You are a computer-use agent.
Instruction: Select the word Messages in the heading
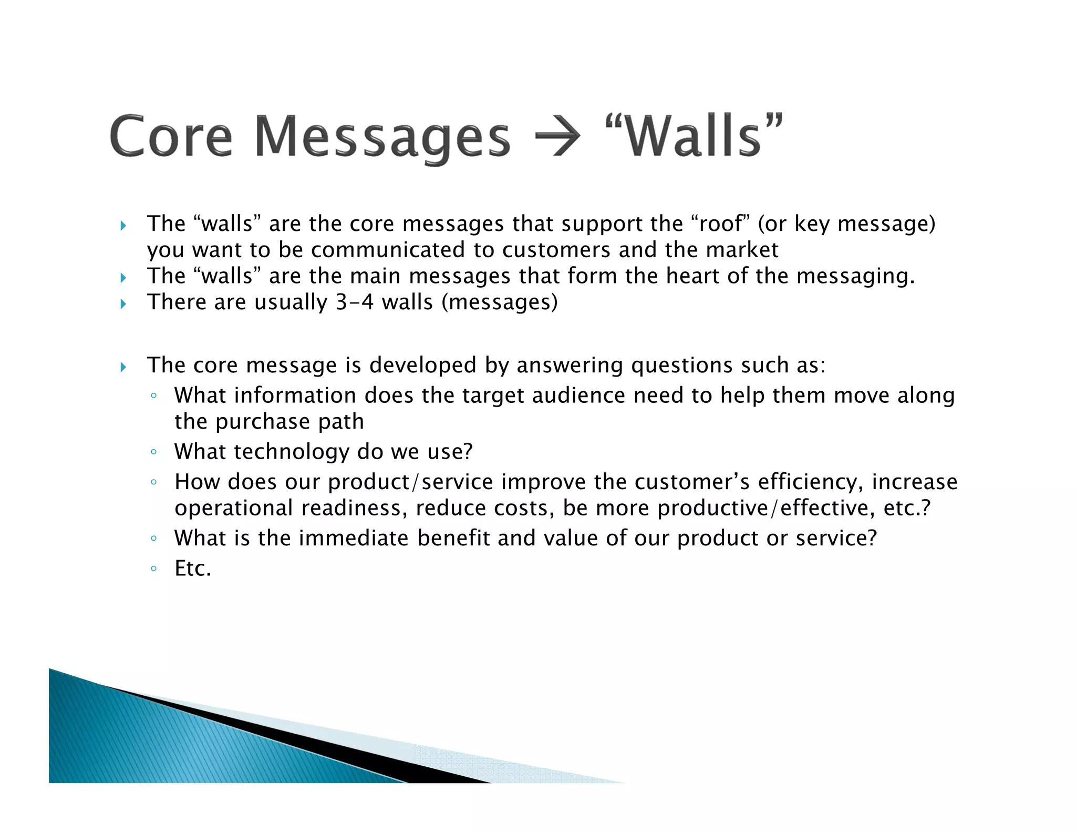pos(382,138)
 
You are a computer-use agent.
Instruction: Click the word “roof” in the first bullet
pos(720,224)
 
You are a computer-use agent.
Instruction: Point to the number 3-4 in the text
pos(355,302)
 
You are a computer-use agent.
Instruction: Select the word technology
pos(292,452)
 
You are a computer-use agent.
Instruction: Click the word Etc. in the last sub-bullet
pos(193,569)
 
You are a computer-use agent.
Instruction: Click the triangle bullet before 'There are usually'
pos(123,304)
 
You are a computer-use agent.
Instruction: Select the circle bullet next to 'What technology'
pos(153,452)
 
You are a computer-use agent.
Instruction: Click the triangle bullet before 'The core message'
pos(123,367)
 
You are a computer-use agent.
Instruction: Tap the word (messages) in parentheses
pos(500,302)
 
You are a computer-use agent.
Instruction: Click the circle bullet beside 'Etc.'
pos(153,569)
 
